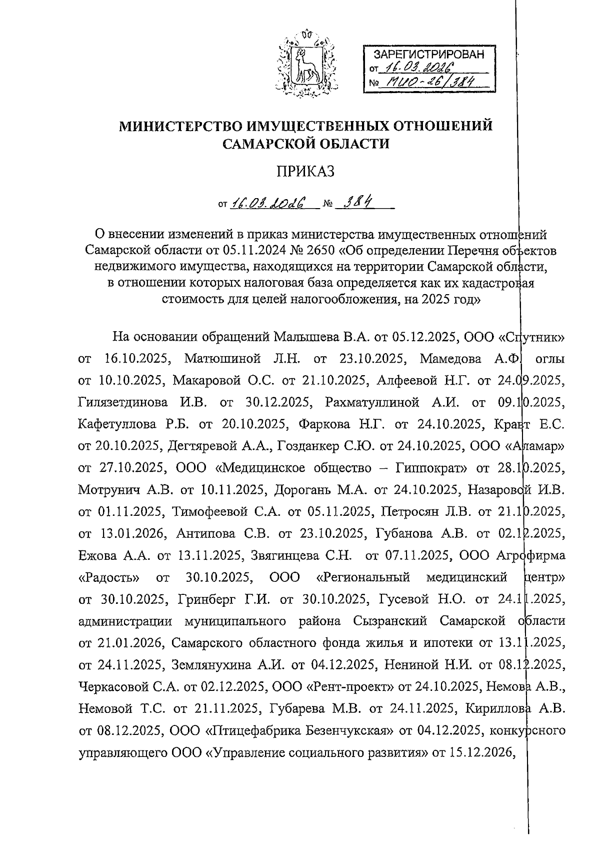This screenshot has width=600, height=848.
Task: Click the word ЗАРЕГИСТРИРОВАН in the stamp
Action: (430, 55)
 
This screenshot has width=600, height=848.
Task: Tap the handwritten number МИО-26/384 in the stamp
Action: (427, 83)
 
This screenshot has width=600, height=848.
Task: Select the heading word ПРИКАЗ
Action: (305, 172)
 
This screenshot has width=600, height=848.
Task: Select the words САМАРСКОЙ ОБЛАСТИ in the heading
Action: (305, 144)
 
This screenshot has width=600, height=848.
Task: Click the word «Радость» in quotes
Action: (109, 577)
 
